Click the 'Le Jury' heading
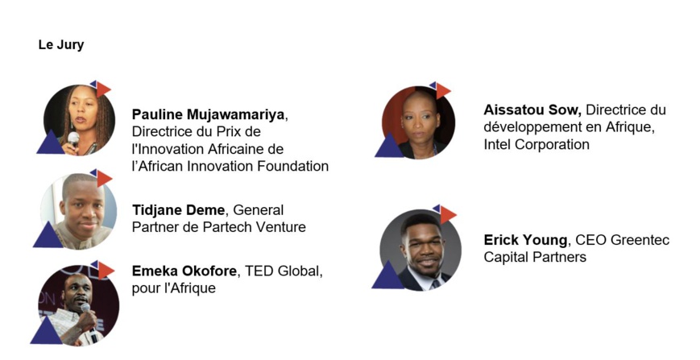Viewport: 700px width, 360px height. (x=61, y=45)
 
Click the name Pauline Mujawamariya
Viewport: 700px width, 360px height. (x=208, y=114)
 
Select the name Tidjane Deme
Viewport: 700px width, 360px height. (x=179, y=209)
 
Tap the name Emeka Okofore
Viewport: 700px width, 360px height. (x=184, y=271)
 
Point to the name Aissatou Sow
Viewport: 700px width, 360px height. (x=532, y=110)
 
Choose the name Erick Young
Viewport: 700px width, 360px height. (x=525, y=240)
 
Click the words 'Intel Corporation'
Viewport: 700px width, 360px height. (x=536, y=144)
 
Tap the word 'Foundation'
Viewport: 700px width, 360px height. (x=293, y=166)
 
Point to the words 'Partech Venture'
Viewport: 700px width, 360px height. (x=254, y=226)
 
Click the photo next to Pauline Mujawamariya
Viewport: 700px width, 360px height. (x=79, y=120)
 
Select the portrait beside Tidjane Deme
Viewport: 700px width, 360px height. (x=79, y=212)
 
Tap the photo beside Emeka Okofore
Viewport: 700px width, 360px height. (x=79, y=306)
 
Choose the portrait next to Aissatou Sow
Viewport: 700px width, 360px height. (x=418, y=122)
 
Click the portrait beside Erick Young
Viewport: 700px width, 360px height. (x=420, y=250)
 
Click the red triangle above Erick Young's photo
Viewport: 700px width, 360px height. (x=447, y=213)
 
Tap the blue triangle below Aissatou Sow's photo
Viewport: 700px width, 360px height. (x=389, y=146)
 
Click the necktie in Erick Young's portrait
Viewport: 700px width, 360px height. (x=435, y=284)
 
